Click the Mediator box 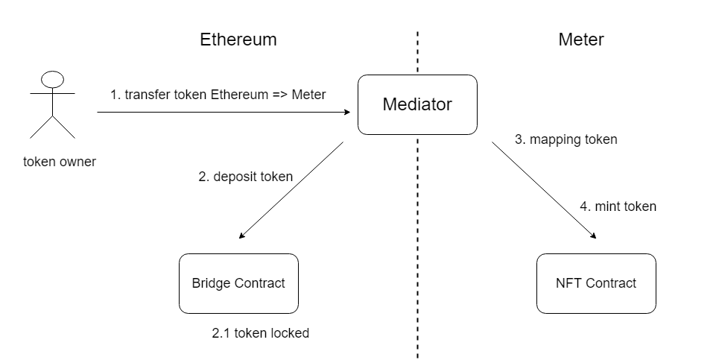pos(417,104)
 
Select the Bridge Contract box pos(238,283)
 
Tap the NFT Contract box pos(596,283)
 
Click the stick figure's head pos(51,80)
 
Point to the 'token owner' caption pos(60,161)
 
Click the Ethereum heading pos(238,40)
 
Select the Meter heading pos(581,40)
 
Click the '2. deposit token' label pos(245,177)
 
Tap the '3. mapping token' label pos(566,139)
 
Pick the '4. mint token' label pos(618,206)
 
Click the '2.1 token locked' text pos(261,333)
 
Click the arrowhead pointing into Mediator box pos(346,112)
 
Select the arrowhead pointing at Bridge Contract pos(241,236)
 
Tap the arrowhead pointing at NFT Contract pos(594,236)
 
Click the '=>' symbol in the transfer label pos(278,95)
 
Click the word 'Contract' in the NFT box pos(611,283)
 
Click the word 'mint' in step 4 pos(607,206)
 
